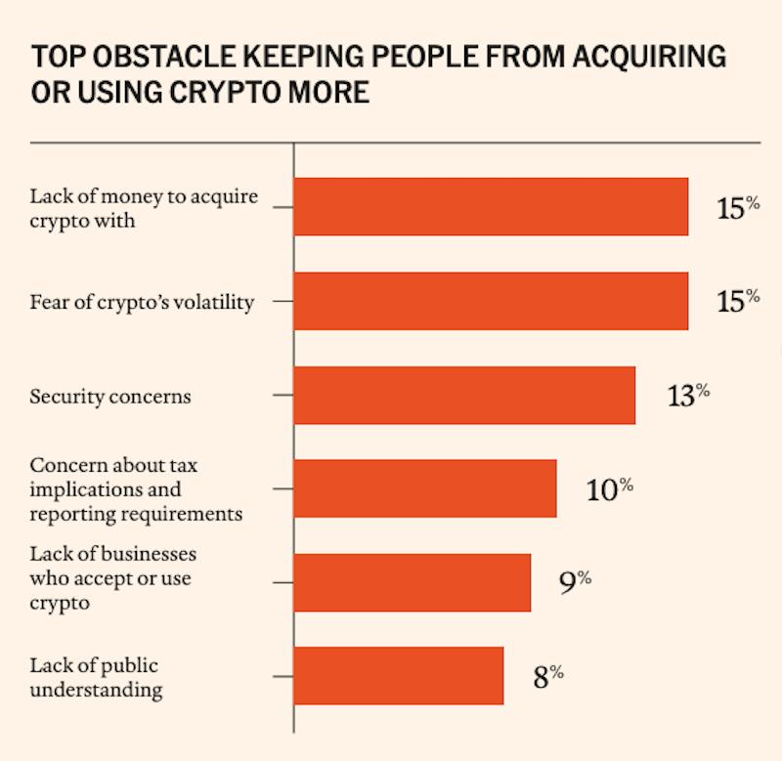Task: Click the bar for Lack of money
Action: [x=491, y=207]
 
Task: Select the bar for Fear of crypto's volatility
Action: [x=491, y=301]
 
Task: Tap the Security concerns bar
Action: [x=464, y=395]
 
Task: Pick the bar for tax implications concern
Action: [x=425, y=488]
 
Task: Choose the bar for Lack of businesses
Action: [x=412, y=582]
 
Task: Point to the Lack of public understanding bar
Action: [x=398, y=675]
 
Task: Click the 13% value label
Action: [x=688, y=396]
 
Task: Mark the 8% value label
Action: [x=548, y=676]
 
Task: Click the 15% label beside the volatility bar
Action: [x=737, y=301]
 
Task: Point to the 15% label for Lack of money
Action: [x=737, y=208]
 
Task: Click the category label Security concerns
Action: [x=109, y=397]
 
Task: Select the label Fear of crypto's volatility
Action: [x=142, y=302]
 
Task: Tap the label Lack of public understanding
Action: [x=95, y=678]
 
